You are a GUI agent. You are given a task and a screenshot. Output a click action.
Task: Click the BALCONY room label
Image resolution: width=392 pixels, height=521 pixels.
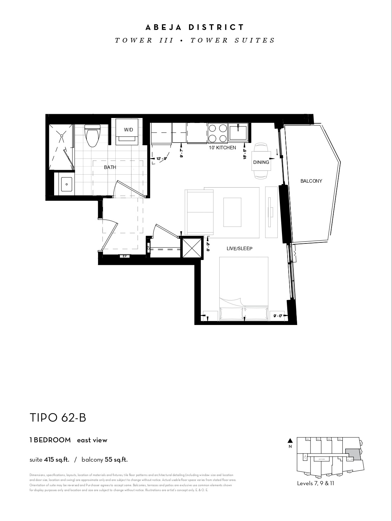pyautogui.click(x=311, y=181)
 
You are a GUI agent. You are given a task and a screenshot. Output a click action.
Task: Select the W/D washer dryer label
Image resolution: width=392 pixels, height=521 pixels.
pyautogui.click(x=128, y=130)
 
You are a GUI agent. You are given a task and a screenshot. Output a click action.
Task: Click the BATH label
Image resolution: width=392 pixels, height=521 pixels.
pyautogui.click(x=110, y=168)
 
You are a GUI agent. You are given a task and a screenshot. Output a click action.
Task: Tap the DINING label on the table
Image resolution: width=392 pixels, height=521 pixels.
pyautogui.click(x=261, y=162)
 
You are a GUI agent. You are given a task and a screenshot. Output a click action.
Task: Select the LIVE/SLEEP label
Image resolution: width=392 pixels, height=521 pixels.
pyautogui.click(x=239, y=249)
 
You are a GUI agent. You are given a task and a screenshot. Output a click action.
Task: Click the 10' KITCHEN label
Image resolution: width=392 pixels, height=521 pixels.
pyautogui.click(x=222, y=148)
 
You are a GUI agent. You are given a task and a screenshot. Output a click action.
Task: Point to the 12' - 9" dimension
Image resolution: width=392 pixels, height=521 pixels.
pyautogui.click(x=161, y=159)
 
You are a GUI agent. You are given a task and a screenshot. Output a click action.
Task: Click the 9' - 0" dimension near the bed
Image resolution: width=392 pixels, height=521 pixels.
pyautogui.click(x=278, y=316)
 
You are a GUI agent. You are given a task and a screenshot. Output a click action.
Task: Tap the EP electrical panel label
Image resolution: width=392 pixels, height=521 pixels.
pyautogui.click(x=124, y=256)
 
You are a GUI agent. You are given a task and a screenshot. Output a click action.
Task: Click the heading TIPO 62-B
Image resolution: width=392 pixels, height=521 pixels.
pyautogui.click(x=58, y=418)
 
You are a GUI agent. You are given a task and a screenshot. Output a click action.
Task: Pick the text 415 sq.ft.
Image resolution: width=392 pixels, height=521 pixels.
pyautogui.click(x=57, y=460)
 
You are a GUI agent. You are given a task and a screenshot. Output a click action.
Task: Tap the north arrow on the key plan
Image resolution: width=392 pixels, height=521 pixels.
pyautogui.click(x=290, y=441)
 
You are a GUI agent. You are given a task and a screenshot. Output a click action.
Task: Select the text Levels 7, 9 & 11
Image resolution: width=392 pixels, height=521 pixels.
pyautogui.click(x=315, y=483)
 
